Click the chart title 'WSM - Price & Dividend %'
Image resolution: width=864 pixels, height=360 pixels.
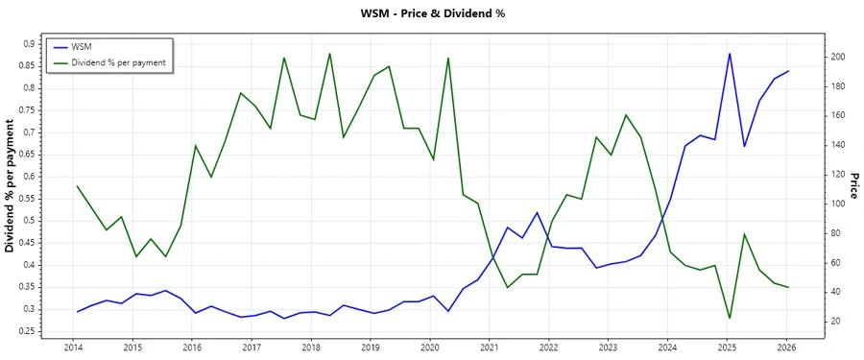(431, 13)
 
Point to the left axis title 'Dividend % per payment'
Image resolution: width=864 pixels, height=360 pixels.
(11, 186)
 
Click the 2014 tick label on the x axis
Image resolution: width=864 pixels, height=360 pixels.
(73, 347)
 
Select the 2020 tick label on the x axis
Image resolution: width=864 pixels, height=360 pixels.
(430, 347)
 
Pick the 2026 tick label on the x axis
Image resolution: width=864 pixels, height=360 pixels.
(787, 347)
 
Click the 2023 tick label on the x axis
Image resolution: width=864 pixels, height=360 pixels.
(609, 347)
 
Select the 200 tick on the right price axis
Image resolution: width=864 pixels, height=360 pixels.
(837, 58)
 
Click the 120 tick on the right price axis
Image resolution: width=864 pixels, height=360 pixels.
(837, 175)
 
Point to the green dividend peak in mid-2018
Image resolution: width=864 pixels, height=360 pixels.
(329, 54)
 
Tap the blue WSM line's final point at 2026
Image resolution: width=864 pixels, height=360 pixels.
(788, 71)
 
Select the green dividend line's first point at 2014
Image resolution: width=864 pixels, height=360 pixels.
(77, 186)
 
